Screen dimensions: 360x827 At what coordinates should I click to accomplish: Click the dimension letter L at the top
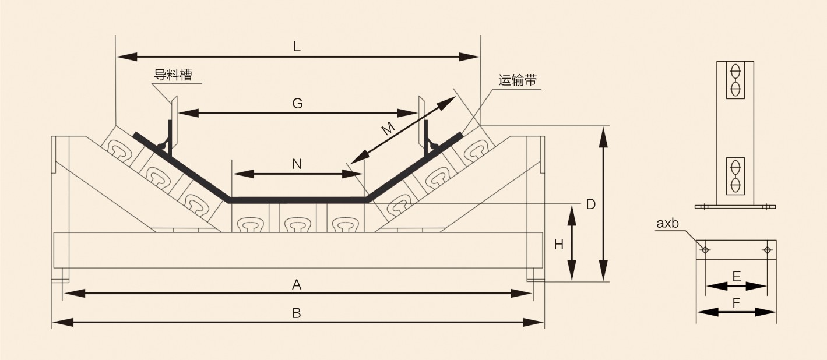pyautogui.click(x=297, y=48)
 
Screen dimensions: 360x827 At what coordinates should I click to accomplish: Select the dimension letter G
pyautogui.click(x=297, y=104)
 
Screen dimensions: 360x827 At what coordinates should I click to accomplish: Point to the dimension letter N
pyautogui.click(x=297, y=164)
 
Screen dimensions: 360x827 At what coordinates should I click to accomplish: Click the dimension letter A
pyautogui.click(x=297, y=285)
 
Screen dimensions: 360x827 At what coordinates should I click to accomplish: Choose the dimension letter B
pyautogui.click(x=297, y=313)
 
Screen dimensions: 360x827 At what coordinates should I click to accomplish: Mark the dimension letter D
pyautogui.click(x=590, y=204)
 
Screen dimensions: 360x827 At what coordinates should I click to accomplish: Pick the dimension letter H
pyautogui.click(x=558, y=245)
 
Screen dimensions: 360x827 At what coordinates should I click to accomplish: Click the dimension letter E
pyautogui.click(x=737, y=277)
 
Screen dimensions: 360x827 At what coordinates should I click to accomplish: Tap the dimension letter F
pyautogui.click(x=737, y=303)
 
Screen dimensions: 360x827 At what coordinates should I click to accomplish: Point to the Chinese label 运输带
pyautogui.click(x=518, y=80)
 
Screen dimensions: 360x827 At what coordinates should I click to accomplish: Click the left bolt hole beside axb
pyautogui.click(x=705, y=250)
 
